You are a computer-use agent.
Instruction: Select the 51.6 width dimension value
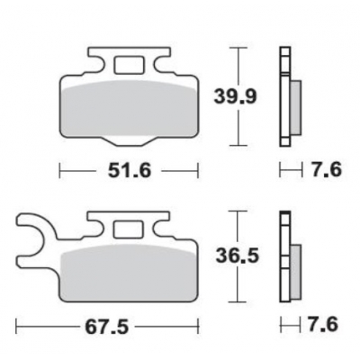[x=128, y=168]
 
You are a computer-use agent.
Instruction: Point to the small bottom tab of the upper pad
[x=127, y=139]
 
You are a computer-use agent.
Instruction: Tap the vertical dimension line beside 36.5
[x=237, y=258]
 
